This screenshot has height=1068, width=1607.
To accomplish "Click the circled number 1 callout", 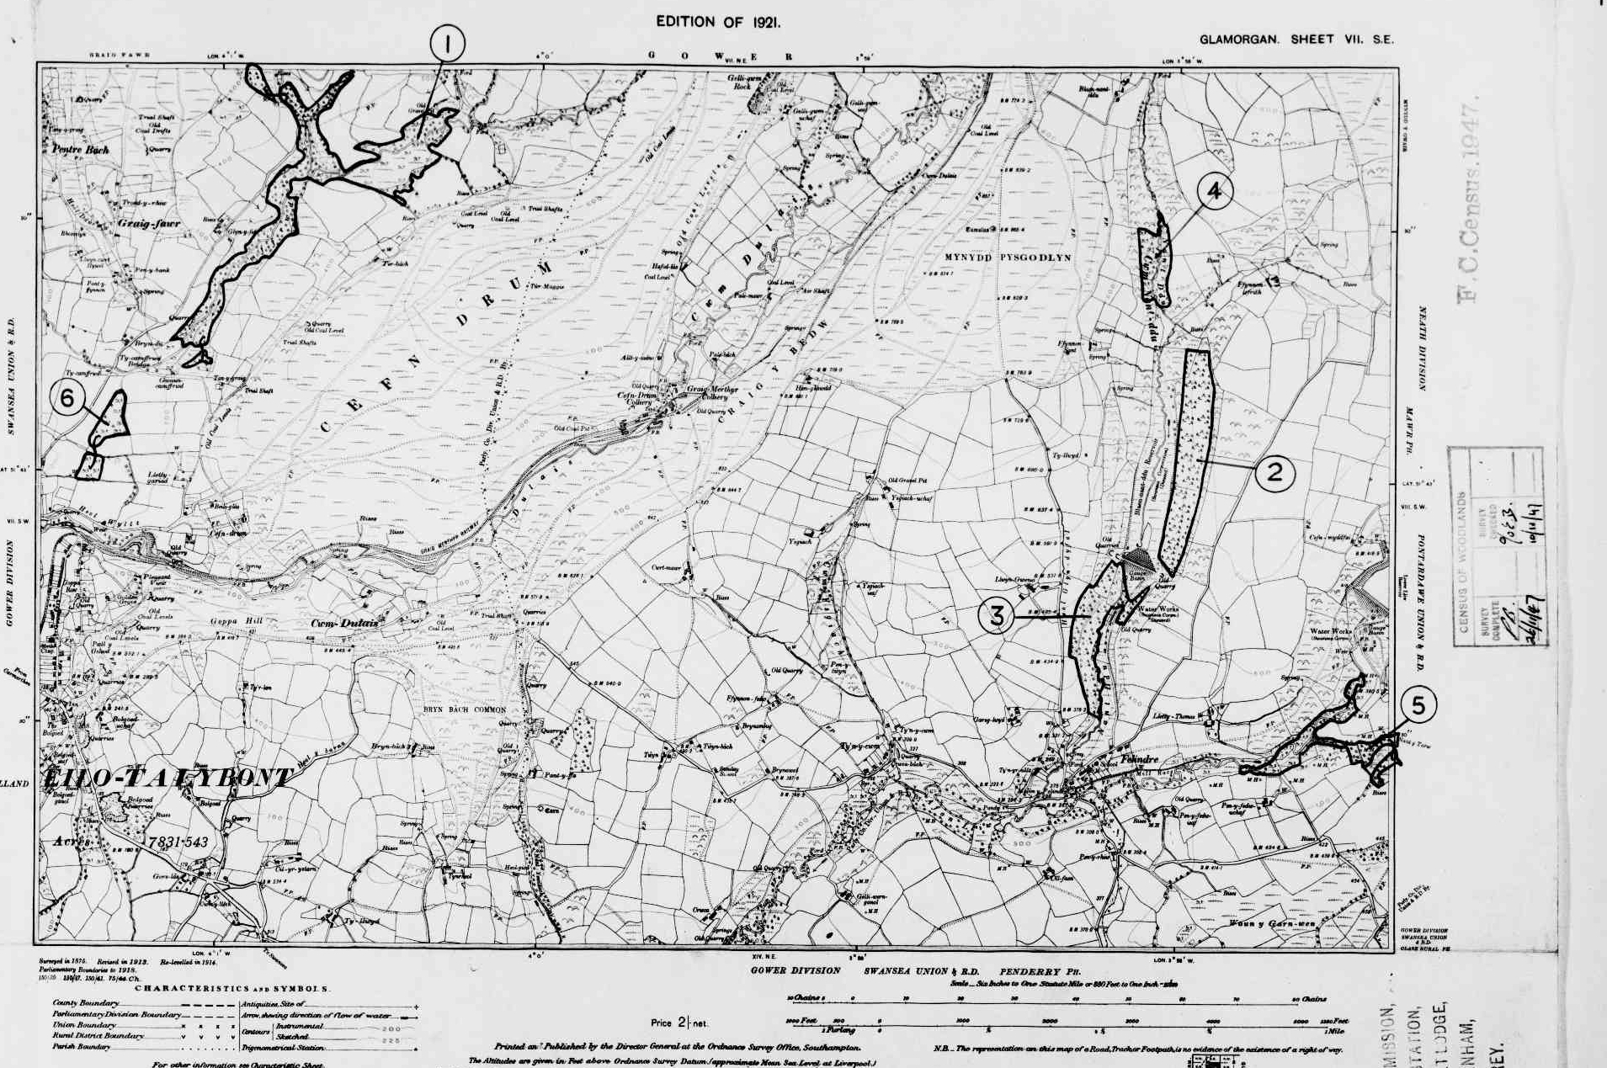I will click(447, 43).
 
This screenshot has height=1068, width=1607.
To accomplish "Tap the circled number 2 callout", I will click(1274, 472).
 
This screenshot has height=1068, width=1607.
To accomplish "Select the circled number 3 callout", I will click(997, 616).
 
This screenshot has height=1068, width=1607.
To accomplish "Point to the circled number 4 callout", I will click(1213, 192).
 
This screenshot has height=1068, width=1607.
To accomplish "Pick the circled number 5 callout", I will click(1418, 705).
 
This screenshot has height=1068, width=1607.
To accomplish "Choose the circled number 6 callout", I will click(68, 398).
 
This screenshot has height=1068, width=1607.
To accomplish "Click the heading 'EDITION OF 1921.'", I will click(718, 23).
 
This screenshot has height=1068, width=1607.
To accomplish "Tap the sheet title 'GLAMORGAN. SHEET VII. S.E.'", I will click(1296, 40).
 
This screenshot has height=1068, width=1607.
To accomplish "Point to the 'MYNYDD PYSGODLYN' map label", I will click(1008, 258).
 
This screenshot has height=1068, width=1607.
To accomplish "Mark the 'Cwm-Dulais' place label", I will click(345, 623).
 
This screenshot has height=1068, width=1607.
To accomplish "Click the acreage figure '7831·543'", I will click(177, 842).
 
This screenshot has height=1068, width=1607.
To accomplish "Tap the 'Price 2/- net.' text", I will click(679, 1023).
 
